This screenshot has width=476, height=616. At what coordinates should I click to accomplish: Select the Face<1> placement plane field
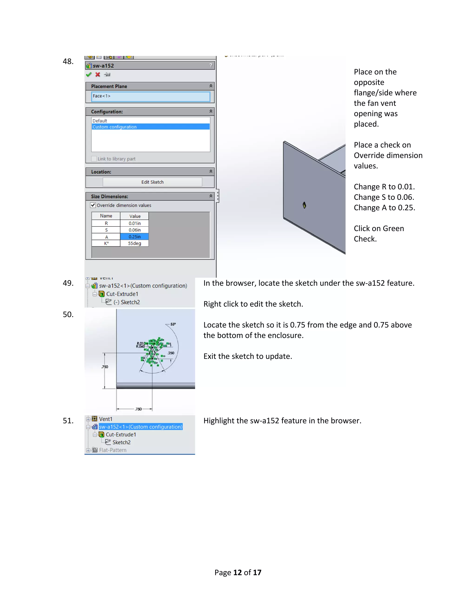[151, 96]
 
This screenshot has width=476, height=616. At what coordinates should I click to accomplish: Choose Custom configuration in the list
[151, 127]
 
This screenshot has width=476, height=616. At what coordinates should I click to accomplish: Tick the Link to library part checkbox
[94, 159]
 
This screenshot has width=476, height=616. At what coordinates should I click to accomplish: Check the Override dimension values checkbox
[93, 205]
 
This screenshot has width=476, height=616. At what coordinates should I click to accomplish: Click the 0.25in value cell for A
[135, 237]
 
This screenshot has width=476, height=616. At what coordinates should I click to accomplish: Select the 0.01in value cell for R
[135, 223]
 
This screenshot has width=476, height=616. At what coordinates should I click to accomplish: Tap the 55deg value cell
[135, 243]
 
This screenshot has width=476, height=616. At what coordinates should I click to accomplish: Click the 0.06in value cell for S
[135, 230]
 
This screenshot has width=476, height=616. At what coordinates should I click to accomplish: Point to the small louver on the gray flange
[304, 205]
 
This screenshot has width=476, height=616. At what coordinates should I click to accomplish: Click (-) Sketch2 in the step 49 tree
[127, 302]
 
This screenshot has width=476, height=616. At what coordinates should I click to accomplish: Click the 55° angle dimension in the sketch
[173, 324]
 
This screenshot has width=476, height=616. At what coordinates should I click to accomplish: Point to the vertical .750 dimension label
[105, 367]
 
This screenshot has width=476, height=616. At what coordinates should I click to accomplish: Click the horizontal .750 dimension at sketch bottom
[138, 409]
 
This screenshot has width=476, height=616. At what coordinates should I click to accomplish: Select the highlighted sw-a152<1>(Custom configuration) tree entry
[141, 427]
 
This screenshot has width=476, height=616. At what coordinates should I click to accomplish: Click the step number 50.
[68, 315]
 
